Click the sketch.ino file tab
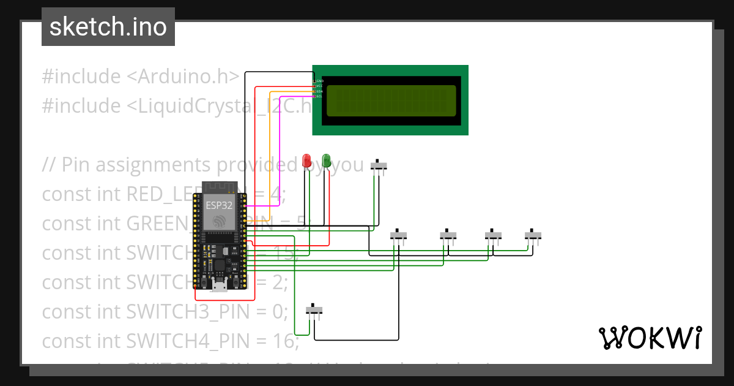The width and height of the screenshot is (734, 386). tap(108, 27)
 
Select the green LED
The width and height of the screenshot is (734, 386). tap(327, 160)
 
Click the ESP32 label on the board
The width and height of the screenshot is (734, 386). tap(218, 206)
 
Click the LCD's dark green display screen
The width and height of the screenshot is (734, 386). tap(391, 100)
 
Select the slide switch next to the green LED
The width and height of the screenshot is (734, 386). tap(380, 165)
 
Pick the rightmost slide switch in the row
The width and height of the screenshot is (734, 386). tap(533, 235)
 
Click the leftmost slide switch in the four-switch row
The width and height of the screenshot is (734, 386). tap(399, 235)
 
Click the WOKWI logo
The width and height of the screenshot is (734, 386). tap(650, 338)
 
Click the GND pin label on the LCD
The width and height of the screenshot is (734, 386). tap(319, 81)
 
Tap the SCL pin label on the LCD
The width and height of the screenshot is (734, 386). tap(319, 96)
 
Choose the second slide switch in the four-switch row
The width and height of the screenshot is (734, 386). tap(448, 235)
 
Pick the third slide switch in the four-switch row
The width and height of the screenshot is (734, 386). tap(494, 235)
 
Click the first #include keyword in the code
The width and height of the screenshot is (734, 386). tap(81, 77)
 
